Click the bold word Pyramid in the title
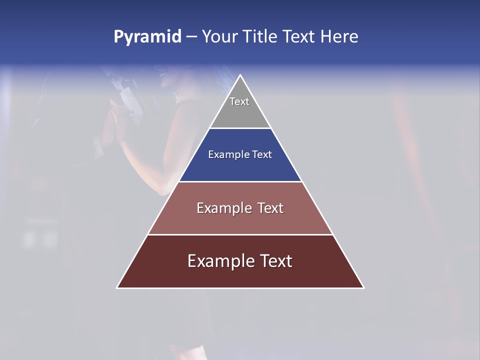click(147, 37)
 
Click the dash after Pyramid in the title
click(191, 37)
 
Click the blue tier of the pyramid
click(240, 167)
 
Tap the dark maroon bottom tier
click(240, 275)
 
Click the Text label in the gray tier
click(239, 101)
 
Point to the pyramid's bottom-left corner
click(117, 287)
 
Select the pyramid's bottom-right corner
click(363, 287)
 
